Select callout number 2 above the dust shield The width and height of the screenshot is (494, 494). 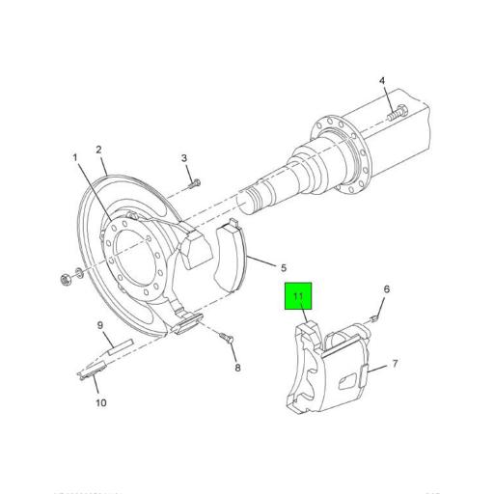98,150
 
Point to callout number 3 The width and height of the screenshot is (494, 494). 183,158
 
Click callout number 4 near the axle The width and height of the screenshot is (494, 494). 381,81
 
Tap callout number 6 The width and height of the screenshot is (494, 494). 387,289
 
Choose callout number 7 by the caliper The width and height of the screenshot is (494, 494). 396,366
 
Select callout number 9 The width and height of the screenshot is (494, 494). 99,325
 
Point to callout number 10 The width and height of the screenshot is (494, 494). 100,403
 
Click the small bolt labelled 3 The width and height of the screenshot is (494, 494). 194,181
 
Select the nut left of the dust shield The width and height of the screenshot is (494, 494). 65,282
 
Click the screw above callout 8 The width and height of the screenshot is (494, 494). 228,338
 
